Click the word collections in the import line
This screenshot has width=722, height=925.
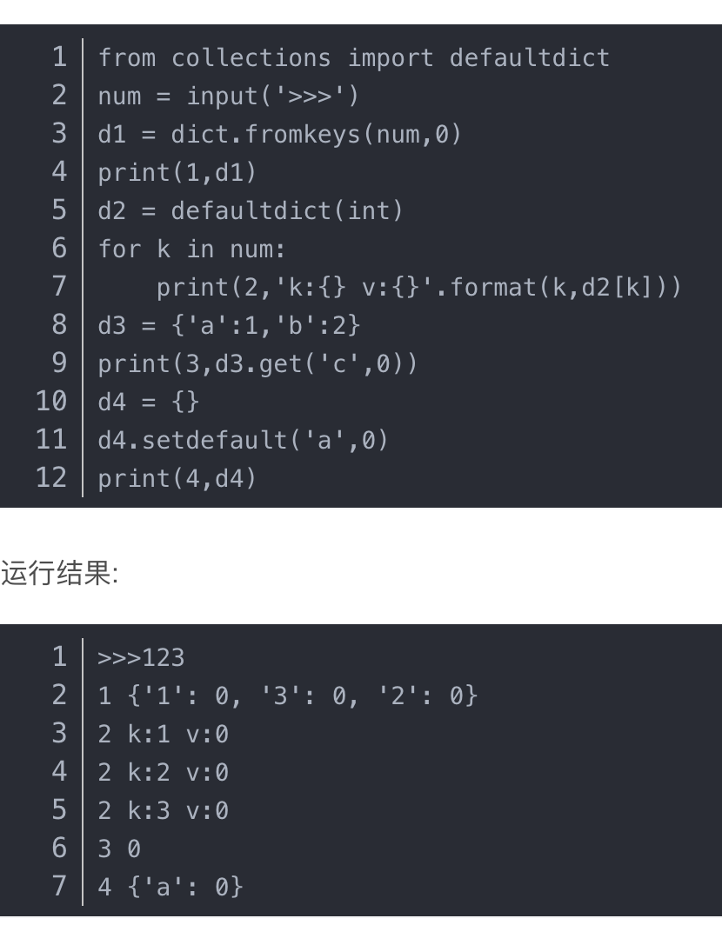click(x=251, y=58)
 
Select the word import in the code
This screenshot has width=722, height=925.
click(x=391, y=58)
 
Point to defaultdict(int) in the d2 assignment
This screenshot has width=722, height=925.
click(x=287, y=210)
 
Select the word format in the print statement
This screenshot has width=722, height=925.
click(x=492, y=287)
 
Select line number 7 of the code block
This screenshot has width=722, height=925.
click(x=59, y=287)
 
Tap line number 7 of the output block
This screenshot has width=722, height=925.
click(x=59, y=887)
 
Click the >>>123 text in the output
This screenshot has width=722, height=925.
click(x=141, y=658)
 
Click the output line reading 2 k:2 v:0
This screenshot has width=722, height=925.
click(x=163, y=773)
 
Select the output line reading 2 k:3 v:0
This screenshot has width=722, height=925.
click(x=163, y=811)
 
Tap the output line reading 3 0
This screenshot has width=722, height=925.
click(x=119, y=849)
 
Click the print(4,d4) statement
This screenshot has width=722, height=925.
click(x=177, y=478)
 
